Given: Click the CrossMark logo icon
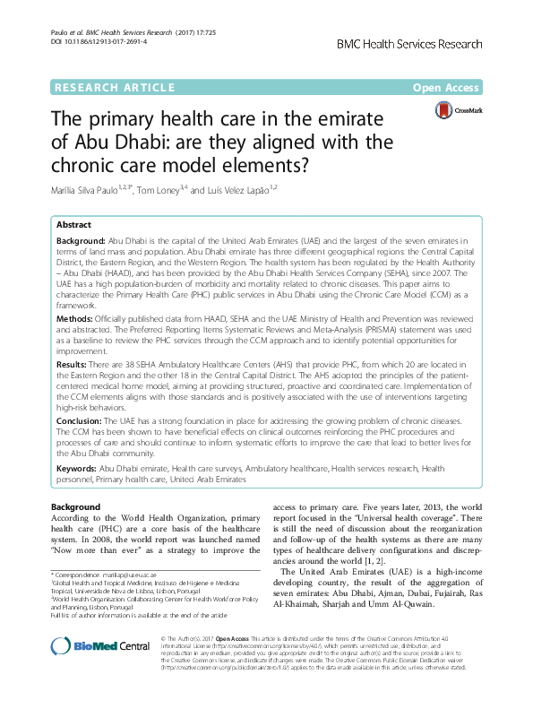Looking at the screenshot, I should pyautogui.click(x=443, y=110).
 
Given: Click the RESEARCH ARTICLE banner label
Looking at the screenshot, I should pyautogui.click(x=114, y=87).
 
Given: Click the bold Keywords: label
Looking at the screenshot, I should pyautogui.click(x=81, y=468).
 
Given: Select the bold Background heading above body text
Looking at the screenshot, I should pyautogui.click(x=77, y=507).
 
